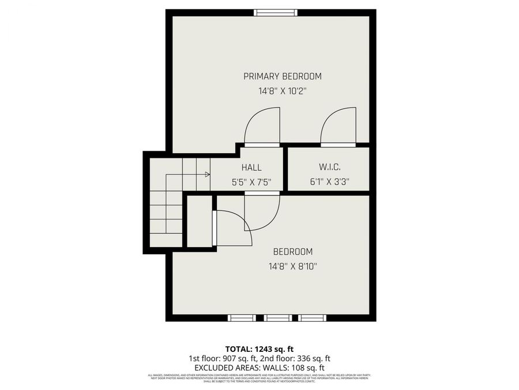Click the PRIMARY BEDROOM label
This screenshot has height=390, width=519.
point(282,76)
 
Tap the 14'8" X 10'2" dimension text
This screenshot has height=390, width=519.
point(282,91)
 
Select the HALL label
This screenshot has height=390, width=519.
point(251,168)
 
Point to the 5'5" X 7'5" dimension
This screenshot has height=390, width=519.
point(251,182)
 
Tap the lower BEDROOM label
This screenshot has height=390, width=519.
point(292,252)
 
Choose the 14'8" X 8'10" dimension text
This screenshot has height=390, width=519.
point(292,266)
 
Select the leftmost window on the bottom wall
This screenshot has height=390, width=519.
point(242,318)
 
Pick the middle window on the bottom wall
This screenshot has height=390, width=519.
point(278,318)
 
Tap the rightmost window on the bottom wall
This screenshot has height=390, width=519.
point(313,318)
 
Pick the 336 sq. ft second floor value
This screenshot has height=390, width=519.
point(312,358)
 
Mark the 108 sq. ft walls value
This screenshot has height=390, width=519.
point(305,367)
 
